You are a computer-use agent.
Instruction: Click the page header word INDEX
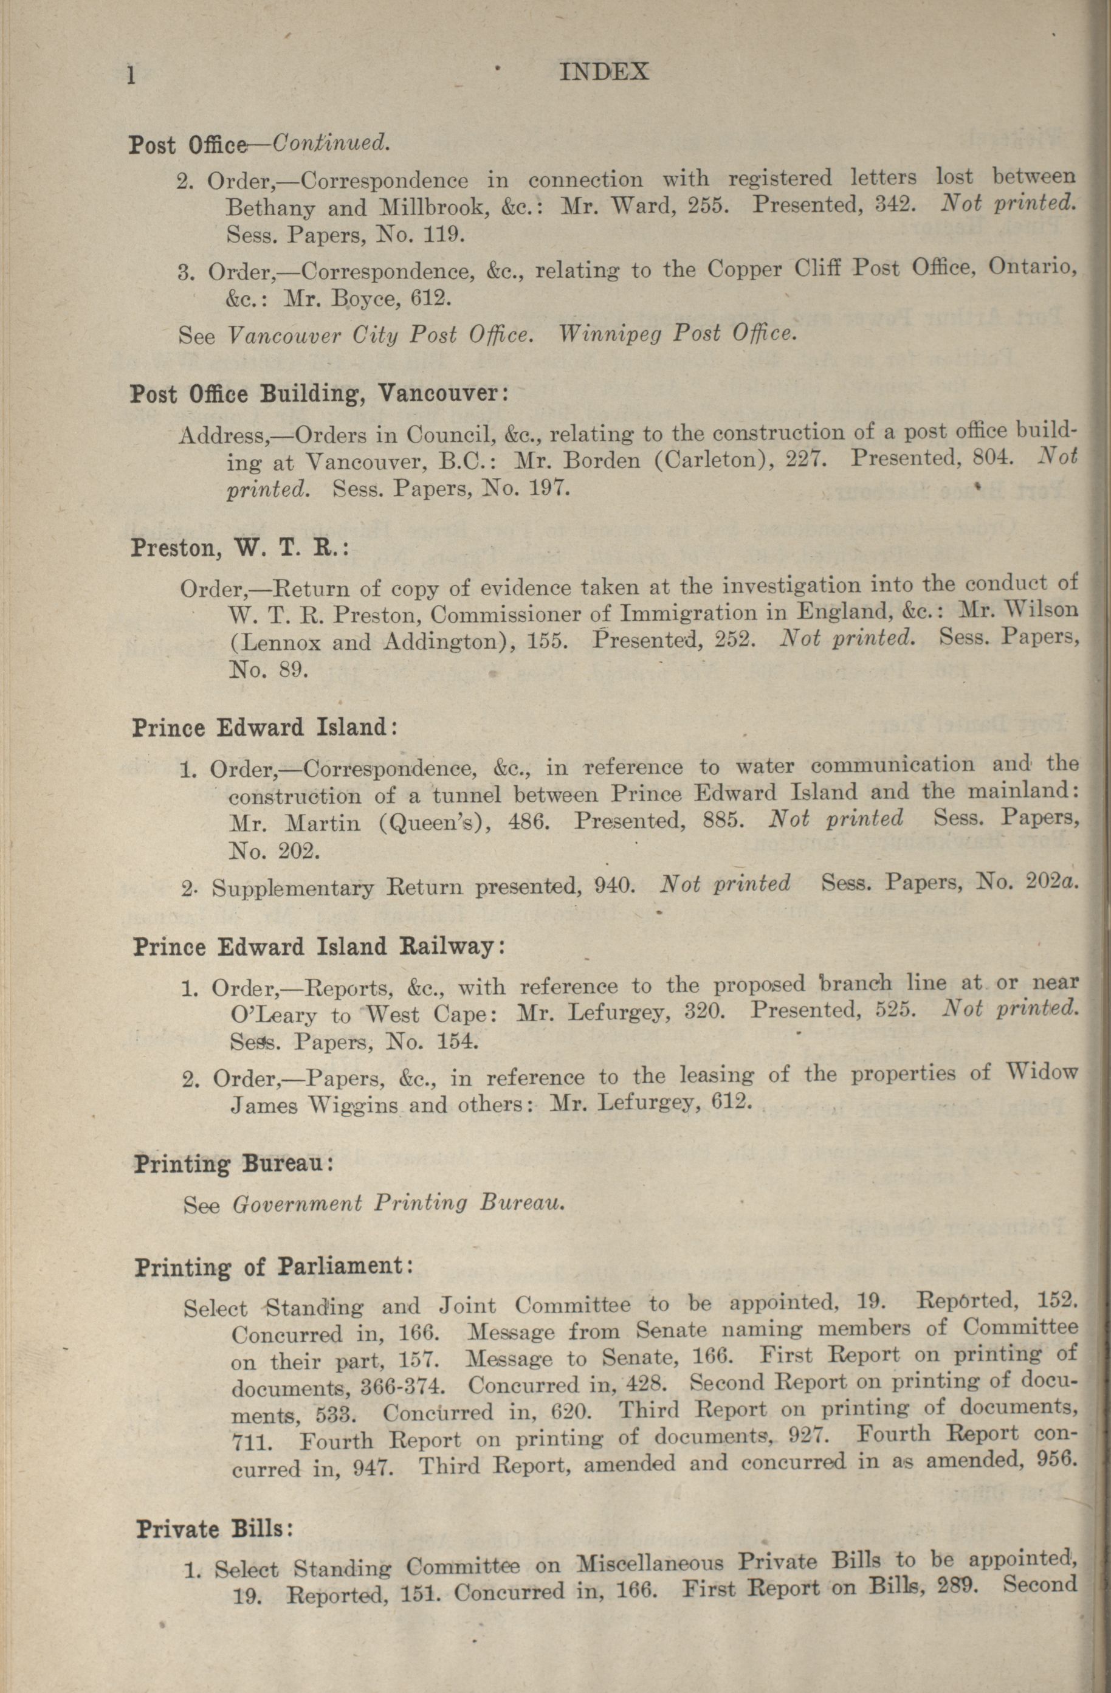coord(604,72)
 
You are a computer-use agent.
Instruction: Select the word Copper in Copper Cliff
coord(748,269)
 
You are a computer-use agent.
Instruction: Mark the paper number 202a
coord(1052,881)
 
